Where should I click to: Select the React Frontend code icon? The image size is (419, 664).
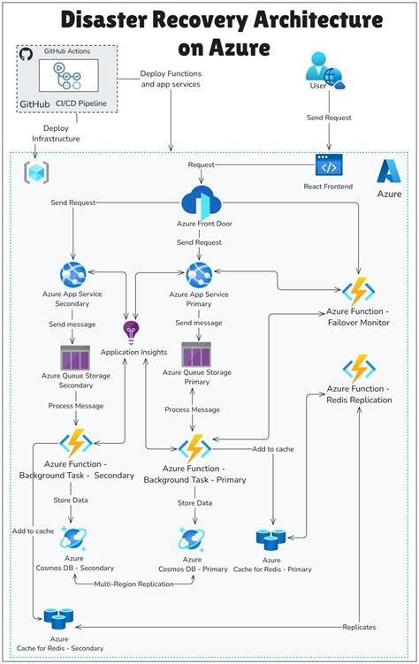click(x=329, y=166)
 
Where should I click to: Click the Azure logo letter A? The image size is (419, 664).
click(x=390, y=171)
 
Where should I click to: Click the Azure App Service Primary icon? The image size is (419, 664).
click(x=199, y=274)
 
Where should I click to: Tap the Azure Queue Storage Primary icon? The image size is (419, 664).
click(x=196, y=355)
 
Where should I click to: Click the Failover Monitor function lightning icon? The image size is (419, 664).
click(x=359, y=291)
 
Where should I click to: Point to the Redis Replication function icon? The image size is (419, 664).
click(x=359, y=368)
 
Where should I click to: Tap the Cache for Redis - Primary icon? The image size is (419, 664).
click(x=271, y=538)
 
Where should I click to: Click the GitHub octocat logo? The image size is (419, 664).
click(x=26, y=55)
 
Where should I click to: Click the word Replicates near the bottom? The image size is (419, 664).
click(x=358, y=627)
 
